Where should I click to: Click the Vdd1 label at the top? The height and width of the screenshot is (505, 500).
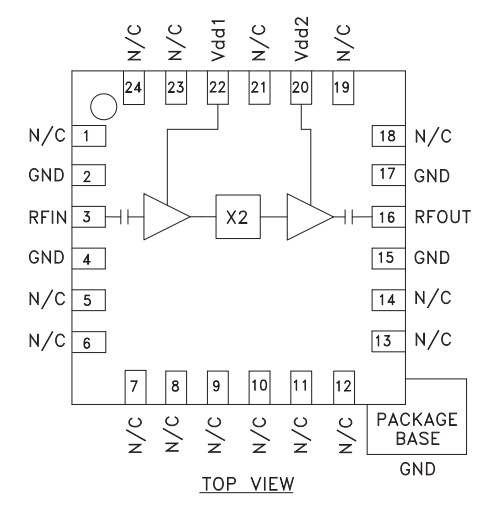tap(218, 40)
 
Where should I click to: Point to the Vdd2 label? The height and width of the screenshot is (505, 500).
tap(302, 39)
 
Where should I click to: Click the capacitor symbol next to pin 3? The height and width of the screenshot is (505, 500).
tap(125, 217)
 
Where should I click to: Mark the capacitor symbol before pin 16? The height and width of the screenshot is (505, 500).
tap(349, 217)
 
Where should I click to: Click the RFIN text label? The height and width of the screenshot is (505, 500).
tap(48, 217)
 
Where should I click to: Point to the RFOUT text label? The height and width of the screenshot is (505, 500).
tap(443, 217)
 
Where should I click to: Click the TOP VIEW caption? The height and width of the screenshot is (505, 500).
tap(248, 484)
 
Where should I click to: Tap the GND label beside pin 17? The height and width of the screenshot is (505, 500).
tap(432, 176)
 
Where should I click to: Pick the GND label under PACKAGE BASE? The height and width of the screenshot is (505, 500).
tap(418, 469)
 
